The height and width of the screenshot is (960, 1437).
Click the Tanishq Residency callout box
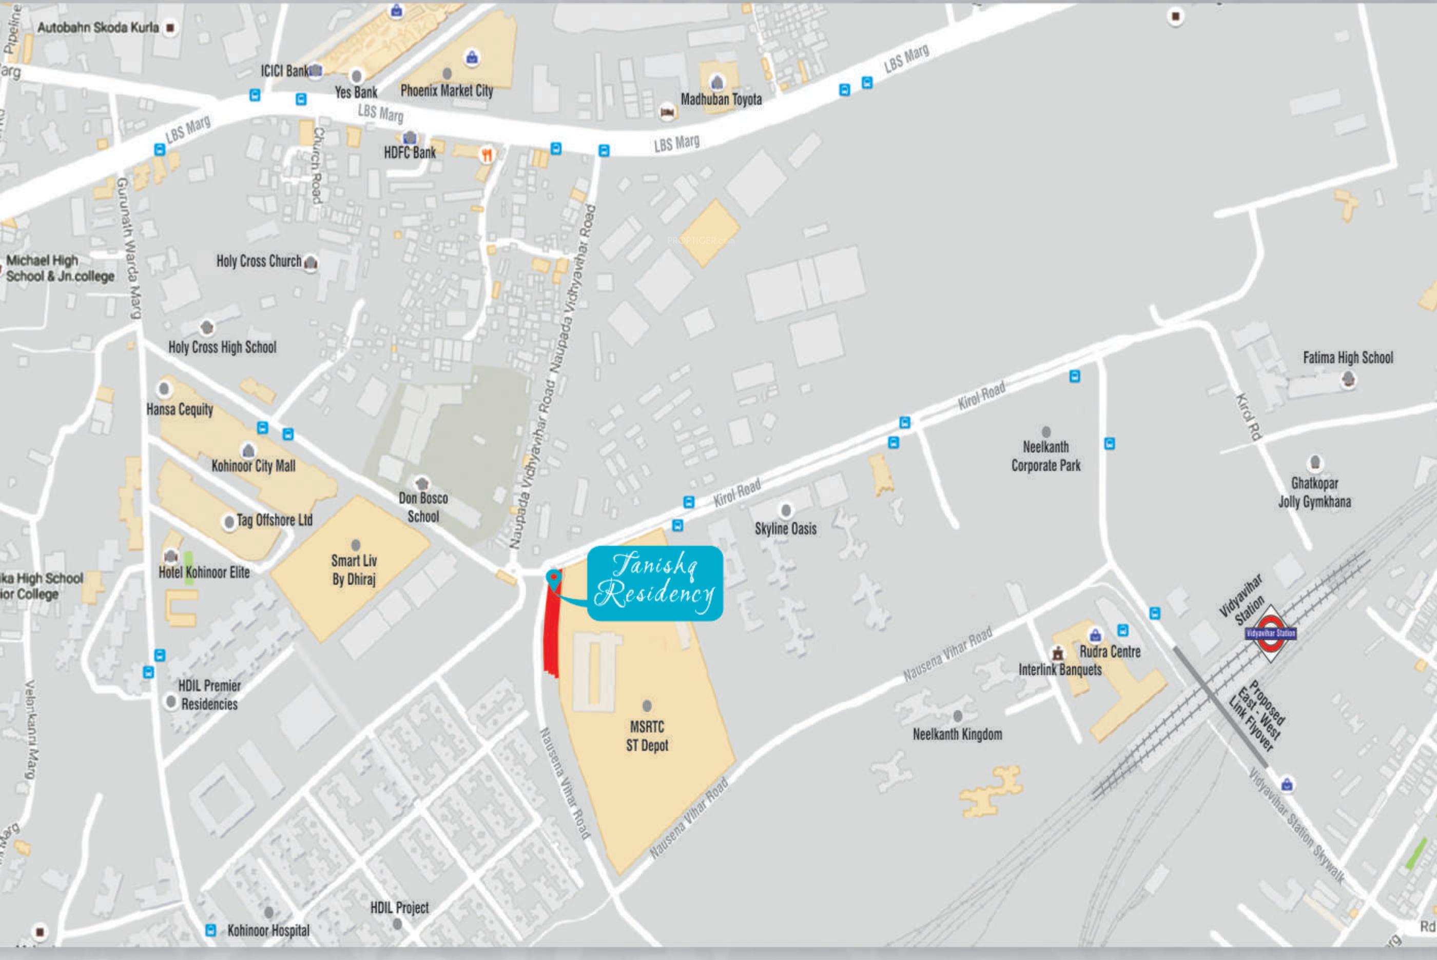click(655, 583)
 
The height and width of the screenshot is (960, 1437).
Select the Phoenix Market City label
click(446, 91)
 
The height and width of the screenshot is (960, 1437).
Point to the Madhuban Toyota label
click(721, 99)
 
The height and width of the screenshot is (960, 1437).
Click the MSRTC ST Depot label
click(647, 736)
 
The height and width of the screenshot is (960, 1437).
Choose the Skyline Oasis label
click(785, 528)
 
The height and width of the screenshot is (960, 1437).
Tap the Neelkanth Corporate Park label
click(1045, 456)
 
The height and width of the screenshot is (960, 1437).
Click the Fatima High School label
click(1348, 357)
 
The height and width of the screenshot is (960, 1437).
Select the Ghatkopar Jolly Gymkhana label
click(1314, 492)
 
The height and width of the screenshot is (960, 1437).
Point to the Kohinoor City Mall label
click(253, 466)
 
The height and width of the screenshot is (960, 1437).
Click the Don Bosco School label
click(423, 507)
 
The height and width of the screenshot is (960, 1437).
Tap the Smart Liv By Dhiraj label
click(354, 569)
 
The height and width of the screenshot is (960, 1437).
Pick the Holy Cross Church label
click(259, 262)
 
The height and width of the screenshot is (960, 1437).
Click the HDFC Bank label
click(410, 152)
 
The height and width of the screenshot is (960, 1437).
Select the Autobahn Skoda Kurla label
click(98, 28)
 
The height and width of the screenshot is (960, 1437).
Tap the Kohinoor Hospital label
click(268, 931)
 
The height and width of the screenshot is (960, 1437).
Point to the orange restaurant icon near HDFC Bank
click(487, 155)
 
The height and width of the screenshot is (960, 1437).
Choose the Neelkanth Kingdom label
click(957, 734)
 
